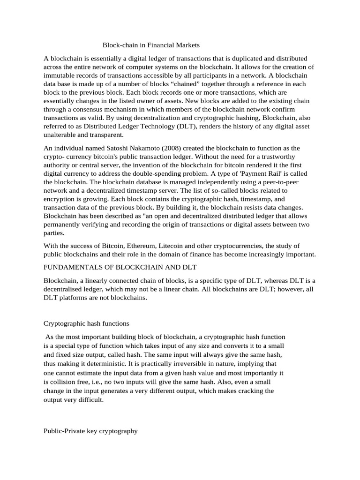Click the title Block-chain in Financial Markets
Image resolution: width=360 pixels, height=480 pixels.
point(151,45)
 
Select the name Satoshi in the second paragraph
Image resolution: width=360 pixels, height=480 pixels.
point(121,148)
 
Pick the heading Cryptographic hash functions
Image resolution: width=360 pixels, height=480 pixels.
point(86,323)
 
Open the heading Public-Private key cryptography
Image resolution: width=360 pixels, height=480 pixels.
point(90,430)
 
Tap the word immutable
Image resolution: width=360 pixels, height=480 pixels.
point(61,75)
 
